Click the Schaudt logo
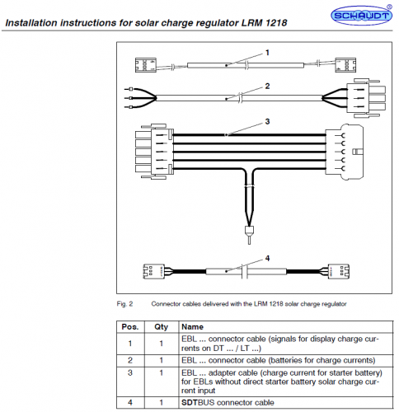click(x=361, y=16)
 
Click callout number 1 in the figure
click(x=267, y=53)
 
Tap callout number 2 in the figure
click(x=267, y=87)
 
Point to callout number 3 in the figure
click(x=267, y=121)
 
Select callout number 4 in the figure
click(x=267, y=258)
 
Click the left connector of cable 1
click(x=146, y=65)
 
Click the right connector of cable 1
click(x=345, y=65)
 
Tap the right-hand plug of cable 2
click(x=366, y=98)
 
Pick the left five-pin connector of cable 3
click(x=154, y=152)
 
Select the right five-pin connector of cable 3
click(x=344, y=152)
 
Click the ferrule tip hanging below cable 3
click(x=249, y=235)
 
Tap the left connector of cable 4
click(x=154, y=271)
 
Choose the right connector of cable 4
click(x=339, y=271)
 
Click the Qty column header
click(x=162, y=327)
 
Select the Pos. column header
click(x=130, y=327)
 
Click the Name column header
click(x=192, y=327)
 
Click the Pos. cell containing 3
click(x=130, y=372)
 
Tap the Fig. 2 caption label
click(x=124, y=304)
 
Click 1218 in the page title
click(x=276, y=23)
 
